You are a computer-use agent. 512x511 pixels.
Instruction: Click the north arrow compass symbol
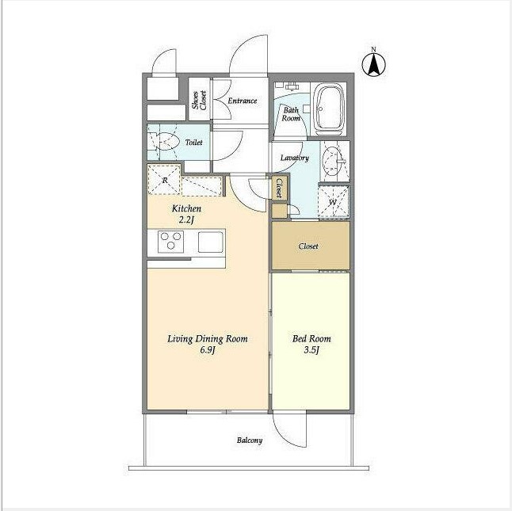click(374, 64)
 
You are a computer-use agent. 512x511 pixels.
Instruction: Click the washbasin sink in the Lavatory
click(333, 160)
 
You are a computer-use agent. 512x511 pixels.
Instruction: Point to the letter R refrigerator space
click(164, 180)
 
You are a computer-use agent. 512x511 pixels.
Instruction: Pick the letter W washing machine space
click(333, 202)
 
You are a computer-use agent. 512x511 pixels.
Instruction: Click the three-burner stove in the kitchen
click(170, 241)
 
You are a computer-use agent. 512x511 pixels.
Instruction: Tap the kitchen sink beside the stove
click(211, 242)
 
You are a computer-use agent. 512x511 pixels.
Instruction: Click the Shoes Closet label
click(199, 100)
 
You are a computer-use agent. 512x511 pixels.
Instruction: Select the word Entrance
click(243, 101)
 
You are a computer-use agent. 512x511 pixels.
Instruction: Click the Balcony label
click(250, 440)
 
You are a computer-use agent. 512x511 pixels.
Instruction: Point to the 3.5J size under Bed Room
click(311, 350)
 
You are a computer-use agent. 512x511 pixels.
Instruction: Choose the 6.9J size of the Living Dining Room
click(208, 350)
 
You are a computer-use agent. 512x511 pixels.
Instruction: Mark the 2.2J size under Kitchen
click(186, 220)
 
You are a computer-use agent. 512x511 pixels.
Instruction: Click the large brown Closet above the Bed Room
click(311, 246)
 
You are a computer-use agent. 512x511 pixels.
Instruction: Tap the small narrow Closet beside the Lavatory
click(279, 188)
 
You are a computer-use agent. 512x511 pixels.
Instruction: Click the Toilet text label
click(194, 143)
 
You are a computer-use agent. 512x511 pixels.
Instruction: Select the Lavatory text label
click(295, 158)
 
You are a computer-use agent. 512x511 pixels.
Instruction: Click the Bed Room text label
click(311, 339)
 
